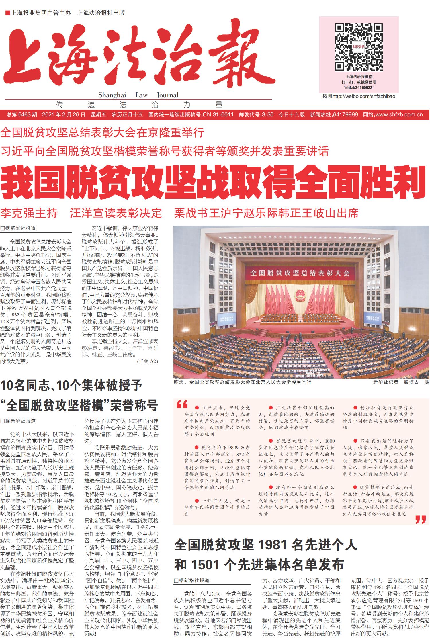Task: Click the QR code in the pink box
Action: [359, 47]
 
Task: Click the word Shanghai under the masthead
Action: [112, 95]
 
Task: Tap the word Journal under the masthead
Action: [167, 95]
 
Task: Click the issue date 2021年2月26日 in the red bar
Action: [64, 115]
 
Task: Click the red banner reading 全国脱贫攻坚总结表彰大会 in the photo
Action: [300, 273]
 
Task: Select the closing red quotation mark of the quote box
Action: [421, 519]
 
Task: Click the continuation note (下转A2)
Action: [148, 361]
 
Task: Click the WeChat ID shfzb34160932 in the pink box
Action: [359, 87]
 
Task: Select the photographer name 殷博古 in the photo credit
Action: [411, 382]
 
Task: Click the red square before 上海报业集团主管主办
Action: [8, 13]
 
